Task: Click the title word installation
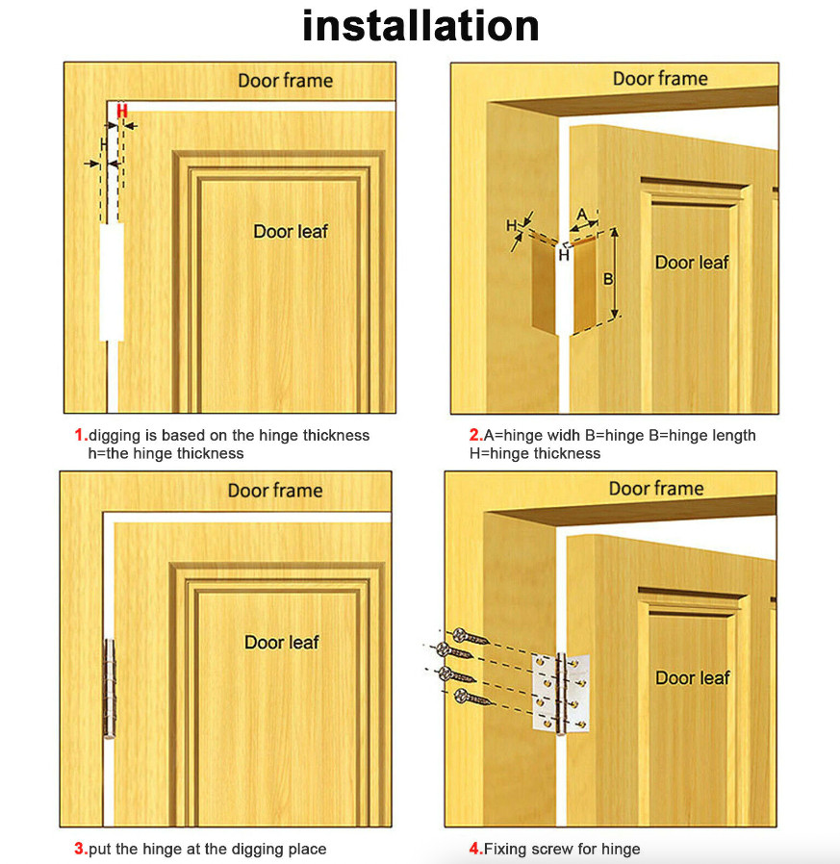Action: point(420,26)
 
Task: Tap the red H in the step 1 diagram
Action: point(121,112)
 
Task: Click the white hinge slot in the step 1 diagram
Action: point(111,281)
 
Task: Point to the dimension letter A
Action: point(581,213)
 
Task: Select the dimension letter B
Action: point(607,280)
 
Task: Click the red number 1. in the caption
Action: point(81,436)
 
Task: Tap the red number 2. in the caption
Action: point(475,436)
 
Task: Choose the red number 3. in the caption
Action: point(81,849)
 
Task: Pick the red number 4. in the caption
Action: point(475,849)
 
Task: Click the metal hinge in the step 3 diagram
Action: point(109,689)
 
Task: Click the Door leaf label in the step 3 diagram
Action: point(281,642)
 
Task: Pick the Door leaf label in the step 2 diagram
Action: point(692,263)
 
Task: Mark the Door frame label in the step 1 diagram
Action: point(286,80)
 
